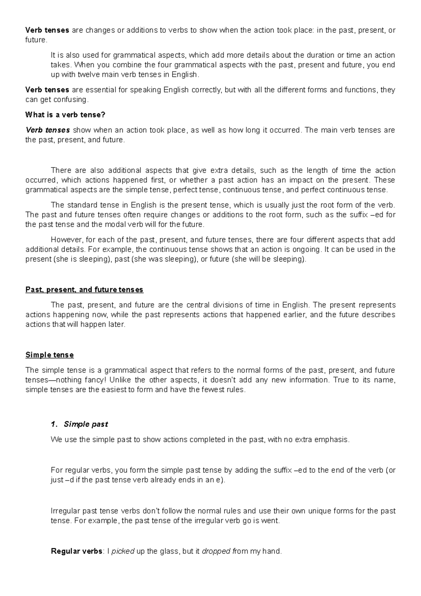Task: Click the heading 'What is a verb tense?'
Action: pyautogui.click(x=65, y=115)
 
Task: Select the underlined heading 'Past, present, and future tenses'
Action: pyautogui.click(x=84, y=290)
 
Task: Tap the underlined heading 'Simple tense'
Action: pyautogui.click(x=49, y=355)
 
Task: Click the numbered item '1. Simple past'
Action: pyautogui.click(x=79, y=424)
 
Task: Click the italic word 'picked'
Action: pyautogui.click(x=123, y=551)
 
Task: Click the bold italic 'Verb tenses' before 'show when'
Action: pyautogui.click(x=48, y=130)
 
